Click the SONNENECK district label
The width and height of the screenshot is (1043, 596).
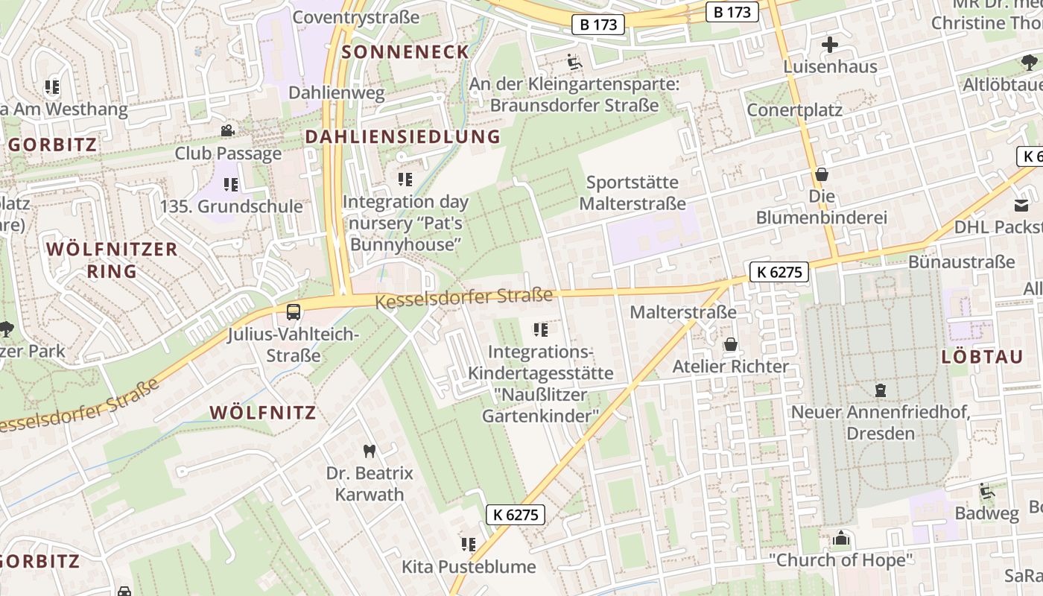(406, 52)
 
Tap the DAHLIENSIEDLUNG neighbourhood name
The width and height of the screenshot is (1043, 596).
(403, 136)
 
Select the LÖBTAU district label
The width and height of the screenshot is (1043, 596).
(983, 357)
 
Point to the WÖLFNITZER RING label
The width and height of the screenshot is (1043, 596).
(112, 259)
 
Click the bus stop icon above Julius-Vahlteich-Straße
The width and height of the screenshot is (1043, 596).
(294, 312)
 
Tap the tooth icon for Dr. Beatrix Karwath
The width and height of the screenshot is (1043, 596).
(369, 451)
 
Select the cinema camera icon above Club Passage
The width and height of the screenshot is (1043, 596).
(227, 131)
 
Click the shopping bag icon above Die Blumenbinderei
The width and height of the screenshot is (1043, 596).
(822, 174)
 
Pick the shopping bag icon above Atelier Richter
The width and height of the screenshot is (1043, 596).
(731, 344)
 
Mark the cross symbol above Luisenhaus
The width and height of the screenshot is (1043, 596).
(830, 45)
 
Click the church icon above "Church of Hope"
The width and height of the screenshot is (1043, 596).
(841, 538)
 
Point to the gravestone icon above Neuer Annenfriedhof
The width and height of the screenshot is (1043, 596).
(881, 390)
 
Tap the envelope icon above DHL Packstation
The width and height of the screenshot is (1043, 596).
(1021, 205)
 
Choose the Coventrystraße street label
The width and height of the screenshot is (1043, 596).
(356, 16)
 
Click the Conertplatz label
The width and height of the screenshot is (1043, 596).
(794, 110)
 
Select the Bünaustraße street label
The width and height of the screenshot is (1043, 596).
(961, 261)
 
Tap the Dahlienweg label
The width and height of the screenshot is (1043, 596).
(336, 93)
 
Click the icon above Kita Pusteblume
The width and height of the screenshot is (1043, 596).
(468, 545)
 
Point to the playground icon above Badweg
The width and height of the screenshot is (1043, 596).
(987, 491)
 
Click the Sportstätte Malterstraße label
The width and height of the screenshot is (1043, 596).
(633, 193)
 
